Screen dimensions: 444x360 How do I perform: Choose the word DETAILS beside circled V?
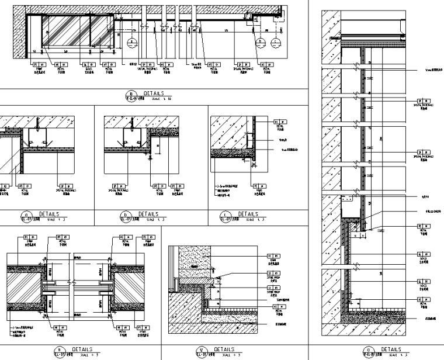click(x=224, y=349)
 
